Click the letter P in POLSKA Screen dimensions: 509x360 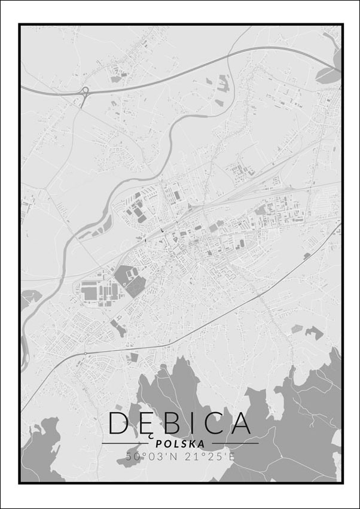pos(158,444)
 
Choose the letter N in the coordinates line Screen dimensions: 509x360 pos(170,456)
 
